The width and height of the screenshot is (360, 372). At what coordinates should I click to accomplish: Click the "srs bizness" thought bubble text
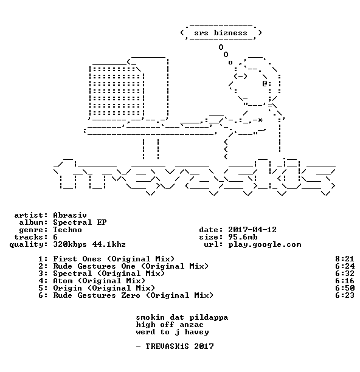(x=221, y=33)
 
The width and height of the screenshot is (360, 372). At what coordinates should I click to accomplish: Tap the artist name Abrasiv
(x=70, y=215)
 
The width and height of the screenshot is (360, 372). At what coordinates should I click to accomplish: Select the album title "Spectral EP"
(x=80, y=222)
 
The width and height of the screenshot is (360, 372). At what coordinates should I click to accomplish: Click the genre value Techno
(x=67, y=230)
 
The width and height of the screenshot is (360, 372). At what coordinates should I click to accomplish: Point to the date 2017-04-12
(x=252, y=230)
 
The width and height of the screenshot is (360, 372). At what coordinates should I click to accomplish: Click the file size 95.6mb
(x=243, y=237)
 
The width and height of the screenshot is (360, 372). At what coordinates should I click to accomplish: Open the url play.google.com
(x=265, y=244)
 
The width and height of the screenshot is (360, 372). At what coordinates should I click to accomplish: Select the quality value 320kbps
(x=70, y=244)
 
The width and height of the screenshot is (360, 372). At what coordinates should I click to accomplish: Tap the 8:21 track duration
(x=345, y=259)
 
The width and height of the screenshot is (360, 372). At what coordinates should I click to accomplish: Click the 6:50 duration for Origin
(x=345, y=288)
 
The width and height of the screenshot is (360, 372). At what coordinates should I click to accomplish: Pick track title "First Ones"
(x=77, y=259)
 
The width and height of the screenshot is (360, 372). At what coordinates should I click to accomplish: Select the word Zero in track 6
(x=131, y=295)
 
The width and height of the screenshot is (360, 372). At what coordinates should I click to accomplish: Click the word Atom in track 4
(x=63, y=281)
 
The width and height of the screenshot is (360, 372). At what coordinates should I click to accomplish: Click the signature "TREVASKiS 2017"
(x=179, y=346)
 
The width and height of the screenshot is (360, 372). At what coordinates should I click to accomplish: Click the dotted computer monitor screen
(x=117, y=91)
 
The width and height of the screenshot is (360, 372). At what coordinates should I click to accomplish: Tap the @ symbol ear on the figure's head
(x=265, y=83)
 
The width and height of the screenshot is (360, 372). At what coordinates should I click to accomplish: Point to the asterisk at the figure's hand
(x=260, y=120)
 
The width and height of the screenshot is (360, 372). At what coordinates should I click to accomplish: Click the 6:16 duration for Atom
(x=345, y=281)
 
